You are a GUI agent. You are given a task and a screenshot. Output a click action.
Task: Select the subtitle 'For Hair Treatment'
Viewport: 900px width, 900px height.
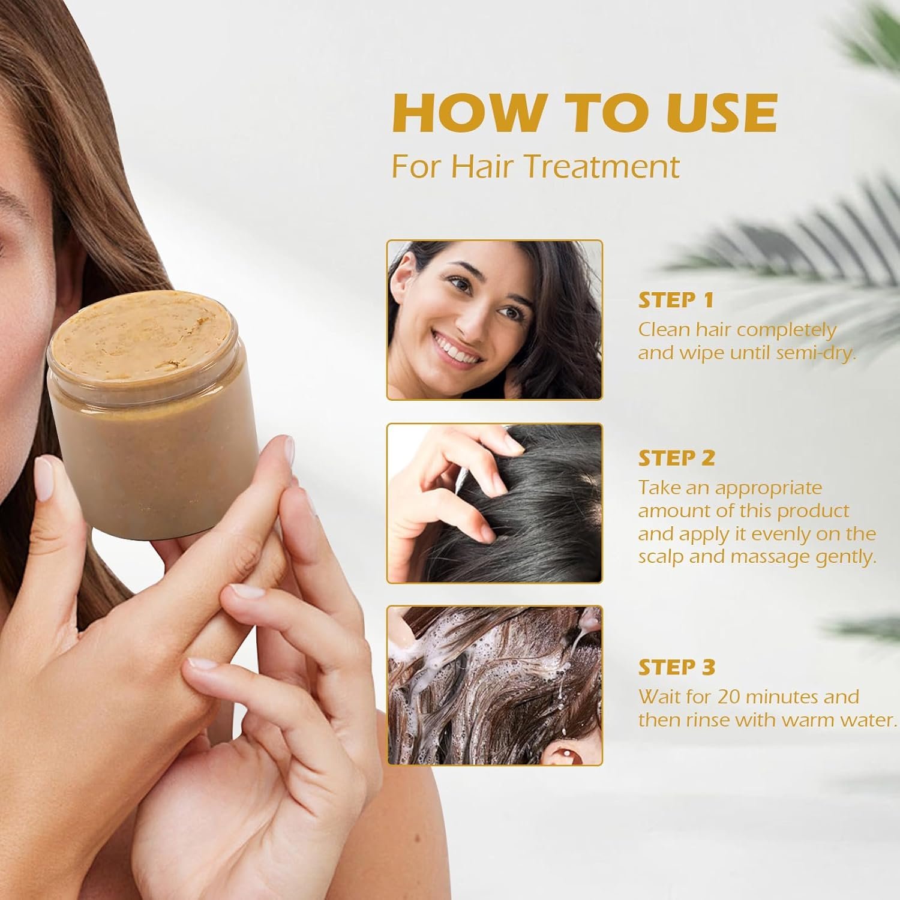(x=536, y=166)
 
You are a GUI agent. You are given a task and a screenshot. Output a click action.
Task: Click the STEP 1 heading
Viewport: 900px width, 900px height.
(x=676, y=300)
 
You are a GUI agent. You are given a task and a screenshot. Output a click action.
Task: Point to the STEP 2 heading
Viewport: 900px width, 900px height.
(x=677, y=458)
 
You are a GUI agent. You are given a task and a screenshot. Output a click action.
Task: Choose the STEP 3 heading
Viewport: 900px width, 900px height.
(x=677, y=667)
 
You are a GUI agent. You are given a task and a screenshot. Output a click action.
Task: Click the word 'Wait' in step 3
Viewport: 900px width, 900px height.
(x=658, y=697)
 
